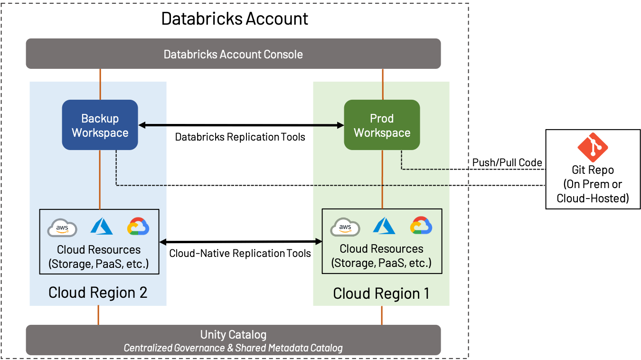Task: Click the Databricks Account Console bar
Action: tap(233, 54)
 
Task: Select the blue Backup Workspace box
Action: tap(100, 125)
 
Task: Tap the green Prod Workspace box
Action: tap(382, 125)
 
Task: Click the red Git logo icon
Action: tap(593, 148)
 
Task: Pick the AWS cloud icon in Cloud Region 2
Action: tap(62, 228)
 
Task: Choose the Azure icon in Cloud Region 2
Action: tap(102, 227)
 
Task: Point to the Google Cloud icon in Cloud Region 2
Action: tap(138, 227)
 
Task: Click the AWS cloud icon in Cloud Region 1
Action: tap(345, 227)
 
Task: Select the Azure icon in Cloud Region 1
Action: tap(384, 226)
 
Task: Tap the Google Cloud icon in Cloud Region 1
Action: tap(421, 226)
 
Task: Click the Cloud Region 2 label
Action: tap(98, 293)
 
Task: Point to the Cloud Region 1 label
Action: tap(381, 294)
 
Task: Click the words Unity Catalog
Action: tap(233, 334)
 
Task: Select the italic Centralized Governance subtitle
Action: tap(233, 348)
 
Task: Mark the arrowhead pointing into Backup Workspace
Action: tap(142, 125)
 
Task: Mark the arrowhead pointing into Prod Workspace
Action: tap(340, 125)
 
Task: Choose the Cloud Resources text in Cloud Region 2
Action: tap(99, 250)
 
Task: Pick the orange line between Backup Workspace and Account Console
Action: tap(100, 84)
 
